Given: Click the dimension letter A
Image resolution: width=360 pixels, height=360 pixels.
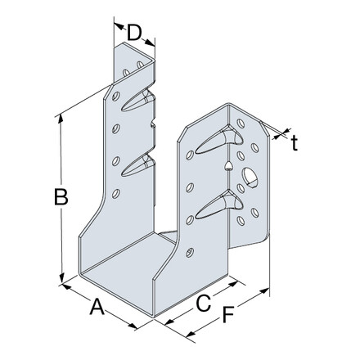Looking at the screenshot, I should [x=97, y=308].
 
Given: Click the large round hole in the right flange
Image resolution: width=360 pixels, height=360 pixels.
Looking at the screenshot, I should [x=249, y=175].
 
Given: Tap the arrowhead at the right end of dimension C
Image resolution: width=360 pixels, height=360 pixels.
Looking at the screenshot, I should [x=236, y=281].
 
